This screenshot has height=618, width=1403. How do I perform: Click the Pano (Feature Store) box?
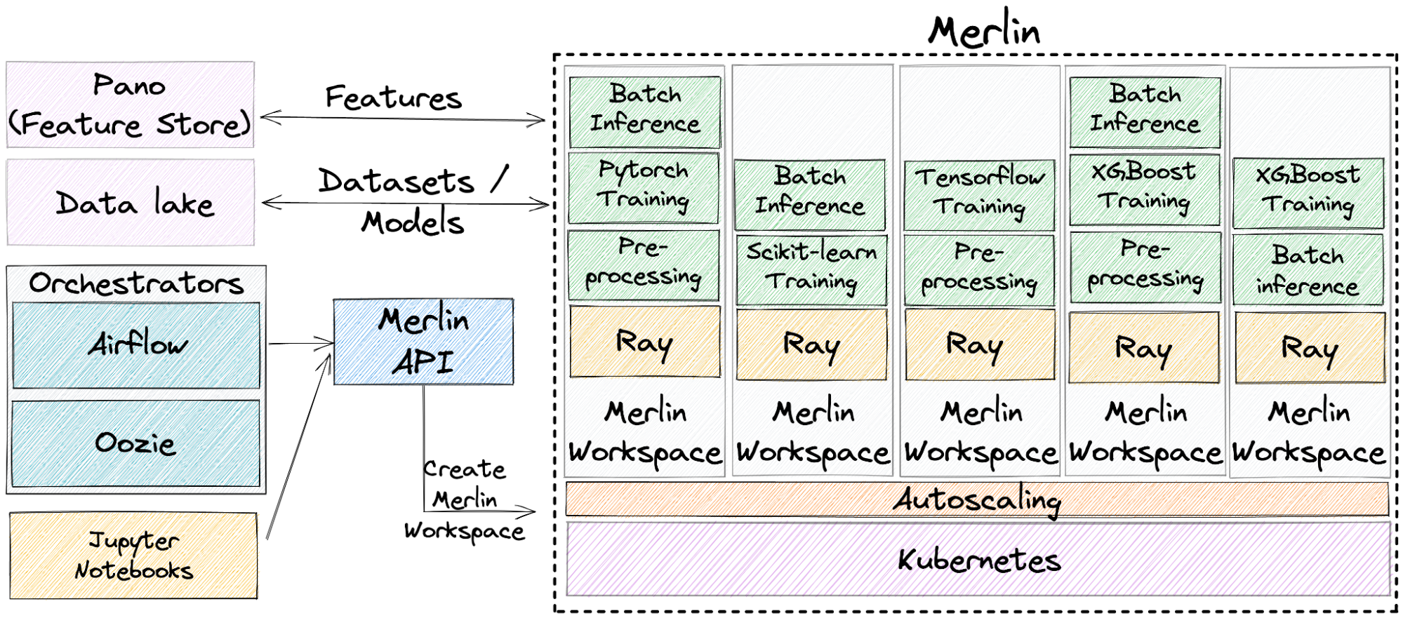pyautogui.click(x=131, y=105)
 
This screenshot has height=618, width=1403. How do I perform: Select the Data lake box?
pyautogui.click(x=131, y=203)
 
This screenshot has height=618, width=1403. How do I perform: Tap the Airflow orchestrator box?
pyautogui.click(x=136, y=345)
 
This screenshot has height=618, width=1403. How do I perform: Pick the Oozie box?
pyautogui.click(x=136, y=443)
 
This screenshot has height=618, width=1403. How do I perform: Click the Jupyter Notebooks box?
pyautogui.click(x=133, y=556)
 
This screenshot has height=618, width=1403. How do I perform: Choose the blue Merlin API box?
pyautogui.click(x=423, y=342)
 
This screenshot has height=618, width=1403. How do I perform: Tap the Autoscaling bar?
pyautogui.click(x=977, y=499)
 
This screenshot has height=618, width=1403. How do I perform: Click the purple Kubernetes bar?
pyautogui.click(x=978, y=560)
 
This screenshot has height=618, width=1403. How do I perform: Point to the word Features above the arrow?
pyautogui.click(x=394, y=98)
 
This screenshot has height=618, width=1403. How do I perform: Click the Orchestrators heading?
pyautogui.click(x=136, y=283)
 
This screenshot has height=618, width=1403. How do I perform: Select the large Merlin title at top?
pyautogui.click(x=984, y=31)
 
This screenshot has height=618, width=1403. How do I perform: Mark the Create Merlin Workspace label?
pyautogui.click(x=465, y=499)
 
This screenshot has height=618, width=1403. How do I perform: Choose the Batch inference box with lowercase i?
pyautogui.click(x=1308, y=270)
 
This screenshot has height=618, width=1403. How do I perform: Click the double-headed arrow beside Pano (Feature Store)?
pyautogui.click(x=403, y=119)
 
